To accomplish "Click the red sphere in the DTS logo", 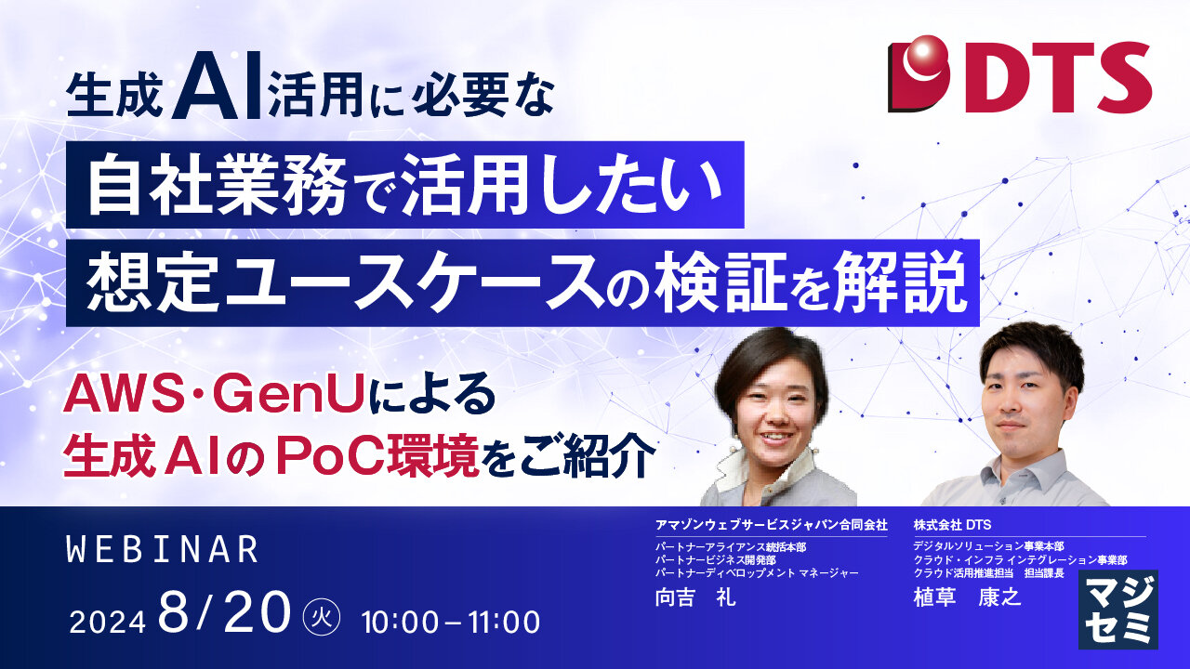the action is tap(923, 58).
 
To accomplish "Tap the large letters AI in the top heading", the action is tap(217, 85).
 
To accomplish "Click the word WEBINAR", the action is tap(163, 549).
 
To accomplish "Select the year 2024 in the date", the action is tap(107, 622).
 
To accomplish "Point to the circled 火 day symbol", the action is tap(322, 618).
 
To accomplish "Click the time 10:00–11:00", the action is tap(451, 622).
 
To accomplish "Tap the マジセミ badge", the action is tap(1118, 610).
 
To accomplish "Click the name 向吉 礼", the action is tap(695, 597).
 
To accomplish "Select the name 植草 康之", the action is tap(968, 597).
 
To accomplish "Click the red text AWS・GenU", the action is tap(214, 396).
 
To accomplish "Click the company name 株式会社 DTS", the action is tap(952, 525).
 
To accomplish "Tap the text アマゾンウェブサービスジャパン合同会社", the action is tap(772, 525).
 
